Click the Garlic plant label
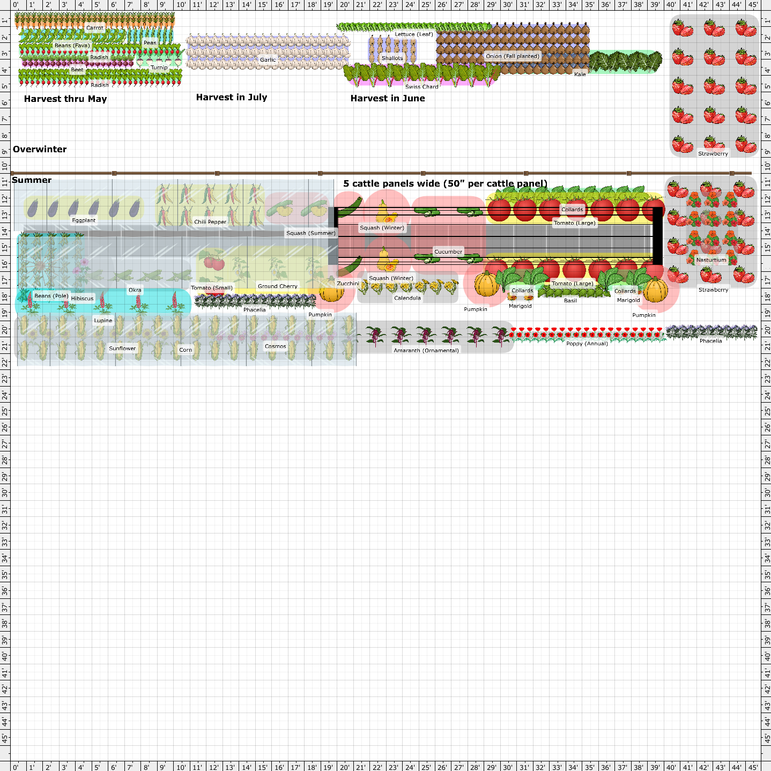(268, 60)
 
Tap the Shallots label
(392, 58)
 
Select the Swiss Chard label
(422, 86)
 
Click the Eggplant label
(84, 220)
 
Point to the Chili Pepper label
(210, 221)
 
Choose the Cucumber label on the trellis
(448, 251)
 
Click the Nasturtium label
(711, 260)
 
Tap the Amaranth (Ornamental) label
(426, 351)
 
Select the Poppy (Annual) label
(587, 343)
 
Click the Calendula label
(407, 298)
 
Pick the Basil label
(570, 300)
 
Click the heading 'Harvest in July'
(231, 97)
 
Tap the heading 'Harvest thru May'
(65, 99)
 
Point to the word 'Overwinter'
(40, 149)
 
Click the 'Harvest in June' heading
(387, 99)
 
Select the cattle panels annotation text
(445, 184)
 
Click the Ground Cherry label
(277, 286)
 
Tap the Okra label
(135, 290)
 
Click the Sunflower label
(122, 349)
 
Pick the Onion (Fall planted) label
(512, 56)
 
